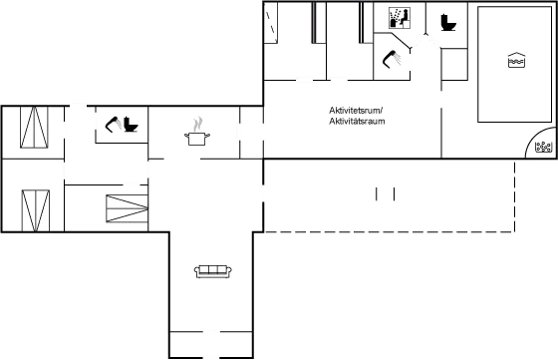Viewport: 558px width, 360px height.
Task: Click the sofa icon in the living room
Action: click(212, 271)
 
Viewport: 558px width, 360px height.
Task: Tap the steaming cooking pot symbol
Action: click(199, 131)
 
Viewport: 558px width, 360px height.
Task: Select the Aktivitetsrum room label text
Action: click(356, 115)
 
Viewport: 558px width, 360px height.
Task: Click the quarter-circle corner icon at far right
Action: click(543, 147)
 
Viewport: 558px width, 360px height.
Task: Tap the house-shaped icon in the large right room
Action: click(516, 60)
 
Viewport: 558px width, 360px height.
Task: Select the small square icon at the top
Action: click(399, 17)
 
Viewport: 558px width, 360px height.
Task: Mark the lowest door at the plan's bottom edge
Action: click(211, 355)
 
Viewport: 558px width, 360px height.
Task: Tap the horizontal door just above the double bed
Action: click(130, 184)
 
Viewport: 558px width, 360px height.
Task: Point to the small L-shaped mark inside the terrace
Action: click(379, 192)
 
